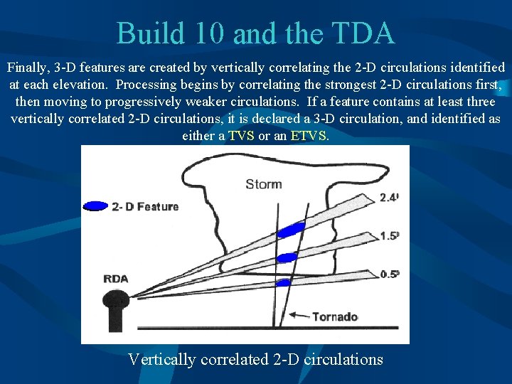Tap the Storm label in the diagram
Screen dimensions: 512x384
(263, 184)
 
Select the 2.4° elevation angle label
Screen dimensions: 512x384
(389, 198)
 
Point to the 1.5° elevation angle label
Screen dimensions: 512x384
(389, 235)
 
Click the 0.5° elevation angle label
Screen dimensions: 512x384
(389, 273)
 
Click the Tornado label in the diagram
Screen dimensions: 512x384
(334, 316)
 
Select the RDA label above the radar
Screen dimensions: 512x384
(116, 279)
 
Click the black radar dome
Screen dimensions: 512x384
(115, 303)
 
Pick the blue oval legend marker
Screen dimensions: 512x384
(95, 206)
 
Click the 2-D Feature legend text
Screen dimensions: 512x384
(145, 207)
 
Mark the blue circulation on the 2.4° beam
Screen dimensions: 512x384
(290, 230)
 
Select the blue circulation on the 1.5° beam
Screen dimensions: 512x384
(288, 257)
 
